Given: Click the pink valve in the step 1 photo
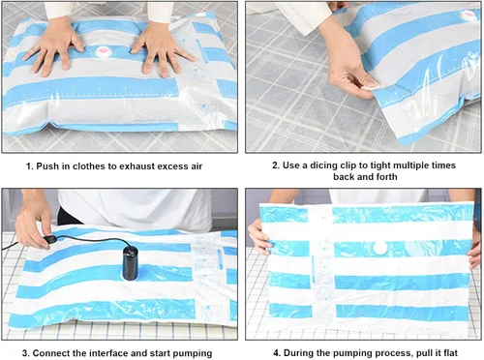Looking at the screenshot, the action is pyautogui.click(x=103, y=51).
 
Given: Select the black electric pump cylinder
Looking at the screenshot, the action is pyautogui.click(x=131, y=262).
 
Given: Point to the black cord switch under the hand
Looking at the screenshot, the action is pyautogui.click(x=50, y=239).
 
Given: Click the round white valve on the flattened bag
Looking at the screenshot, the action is pyautogui.click(x=379, y=249).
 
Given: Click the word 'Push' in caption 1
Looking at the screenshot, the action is pyautogui.click(x=47, y=166).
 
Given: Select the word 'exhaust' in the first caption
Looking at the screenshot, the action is pyautogui.click(x=136, y=166).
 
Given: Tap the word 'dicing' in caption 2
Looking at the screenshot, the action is pyautogui.click(x=323, y=165).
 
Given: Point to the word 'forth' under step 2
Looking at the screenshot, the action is pyautogui.click(x=386, y=177).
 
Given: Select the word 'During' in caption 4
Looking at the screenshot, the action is pyautogui.click(x=298, y=353).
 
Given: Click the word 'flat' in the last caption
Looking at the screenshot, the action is pyautogui.click(x=449, y=353).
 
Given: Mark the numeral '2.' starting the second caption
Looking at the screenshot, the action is pyautogui.click(x=276, y=165).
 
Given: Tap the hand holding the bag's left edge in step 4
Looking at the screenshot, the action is pyautogui.click(x=258, y=237).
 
